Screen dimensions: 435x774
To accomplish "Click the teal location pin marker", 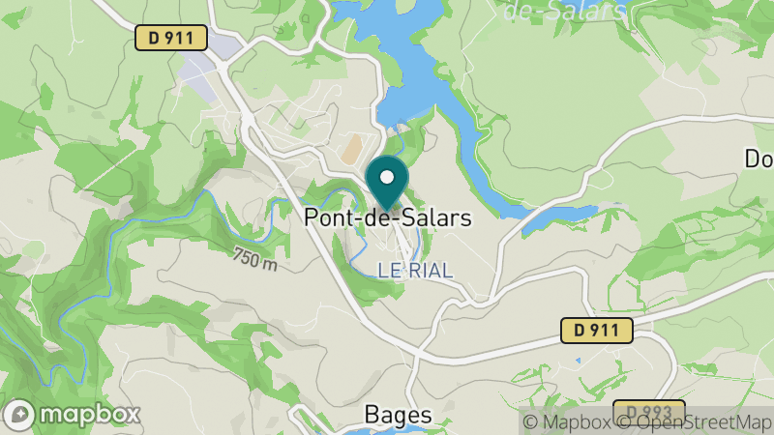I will pos(387,184).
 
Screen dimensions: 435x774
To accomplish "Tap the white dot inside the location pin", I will pos(387,177).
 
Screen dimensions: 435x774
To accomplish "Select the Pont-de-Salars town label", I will pos(388,217).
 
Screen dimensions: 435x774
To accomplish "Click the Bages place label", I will pos(398,414).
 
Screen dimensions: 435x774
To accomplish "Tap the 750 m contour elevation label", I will pos(254,259).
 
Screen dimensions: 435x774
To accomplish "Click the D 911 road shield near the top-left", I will pos(171,38).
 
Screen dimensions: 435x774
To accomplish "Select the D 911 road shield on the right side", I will pos(597,331).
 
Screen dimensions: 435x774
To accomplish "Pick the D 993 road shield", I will pos(648,411).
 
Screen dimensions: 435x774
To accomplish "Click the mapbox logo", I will pos(74,414).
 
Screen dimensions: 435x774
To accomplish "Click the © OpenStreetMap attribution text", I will pos(694,421).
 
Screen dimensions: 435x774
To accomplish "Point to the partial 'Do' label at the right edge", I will pos(758,159).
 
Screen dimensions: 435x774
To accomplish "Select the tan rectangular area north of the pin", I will pos(350,148).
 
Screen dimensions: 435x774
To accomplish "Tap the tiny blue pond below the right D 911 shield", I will pos(578,361).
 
